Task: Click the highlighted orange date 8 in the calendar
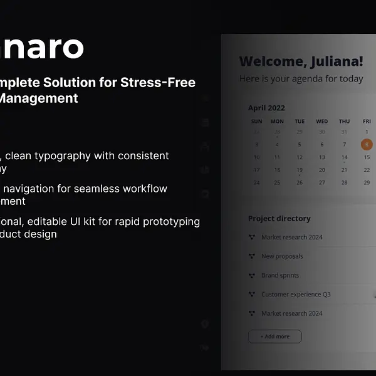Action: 367,145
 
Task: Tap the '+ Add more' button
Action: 274,337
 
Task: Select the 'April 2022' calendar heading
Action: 266,108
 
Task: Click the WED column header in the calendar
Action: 321,122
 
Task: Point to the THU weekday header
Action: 344,122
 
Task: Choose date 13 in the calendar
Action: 321,157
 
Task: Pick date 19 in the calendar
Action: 300,170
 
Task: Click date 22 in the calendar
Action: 367,170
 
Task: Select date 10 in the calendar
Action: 256,157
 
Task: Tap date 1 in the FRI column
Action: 367,132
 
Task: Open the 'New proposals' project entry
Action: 282,256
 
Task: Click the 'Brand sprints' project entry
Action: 280,276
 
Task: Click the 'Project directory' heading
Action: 279,219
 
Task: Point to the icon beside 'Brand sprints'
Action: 252,276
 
